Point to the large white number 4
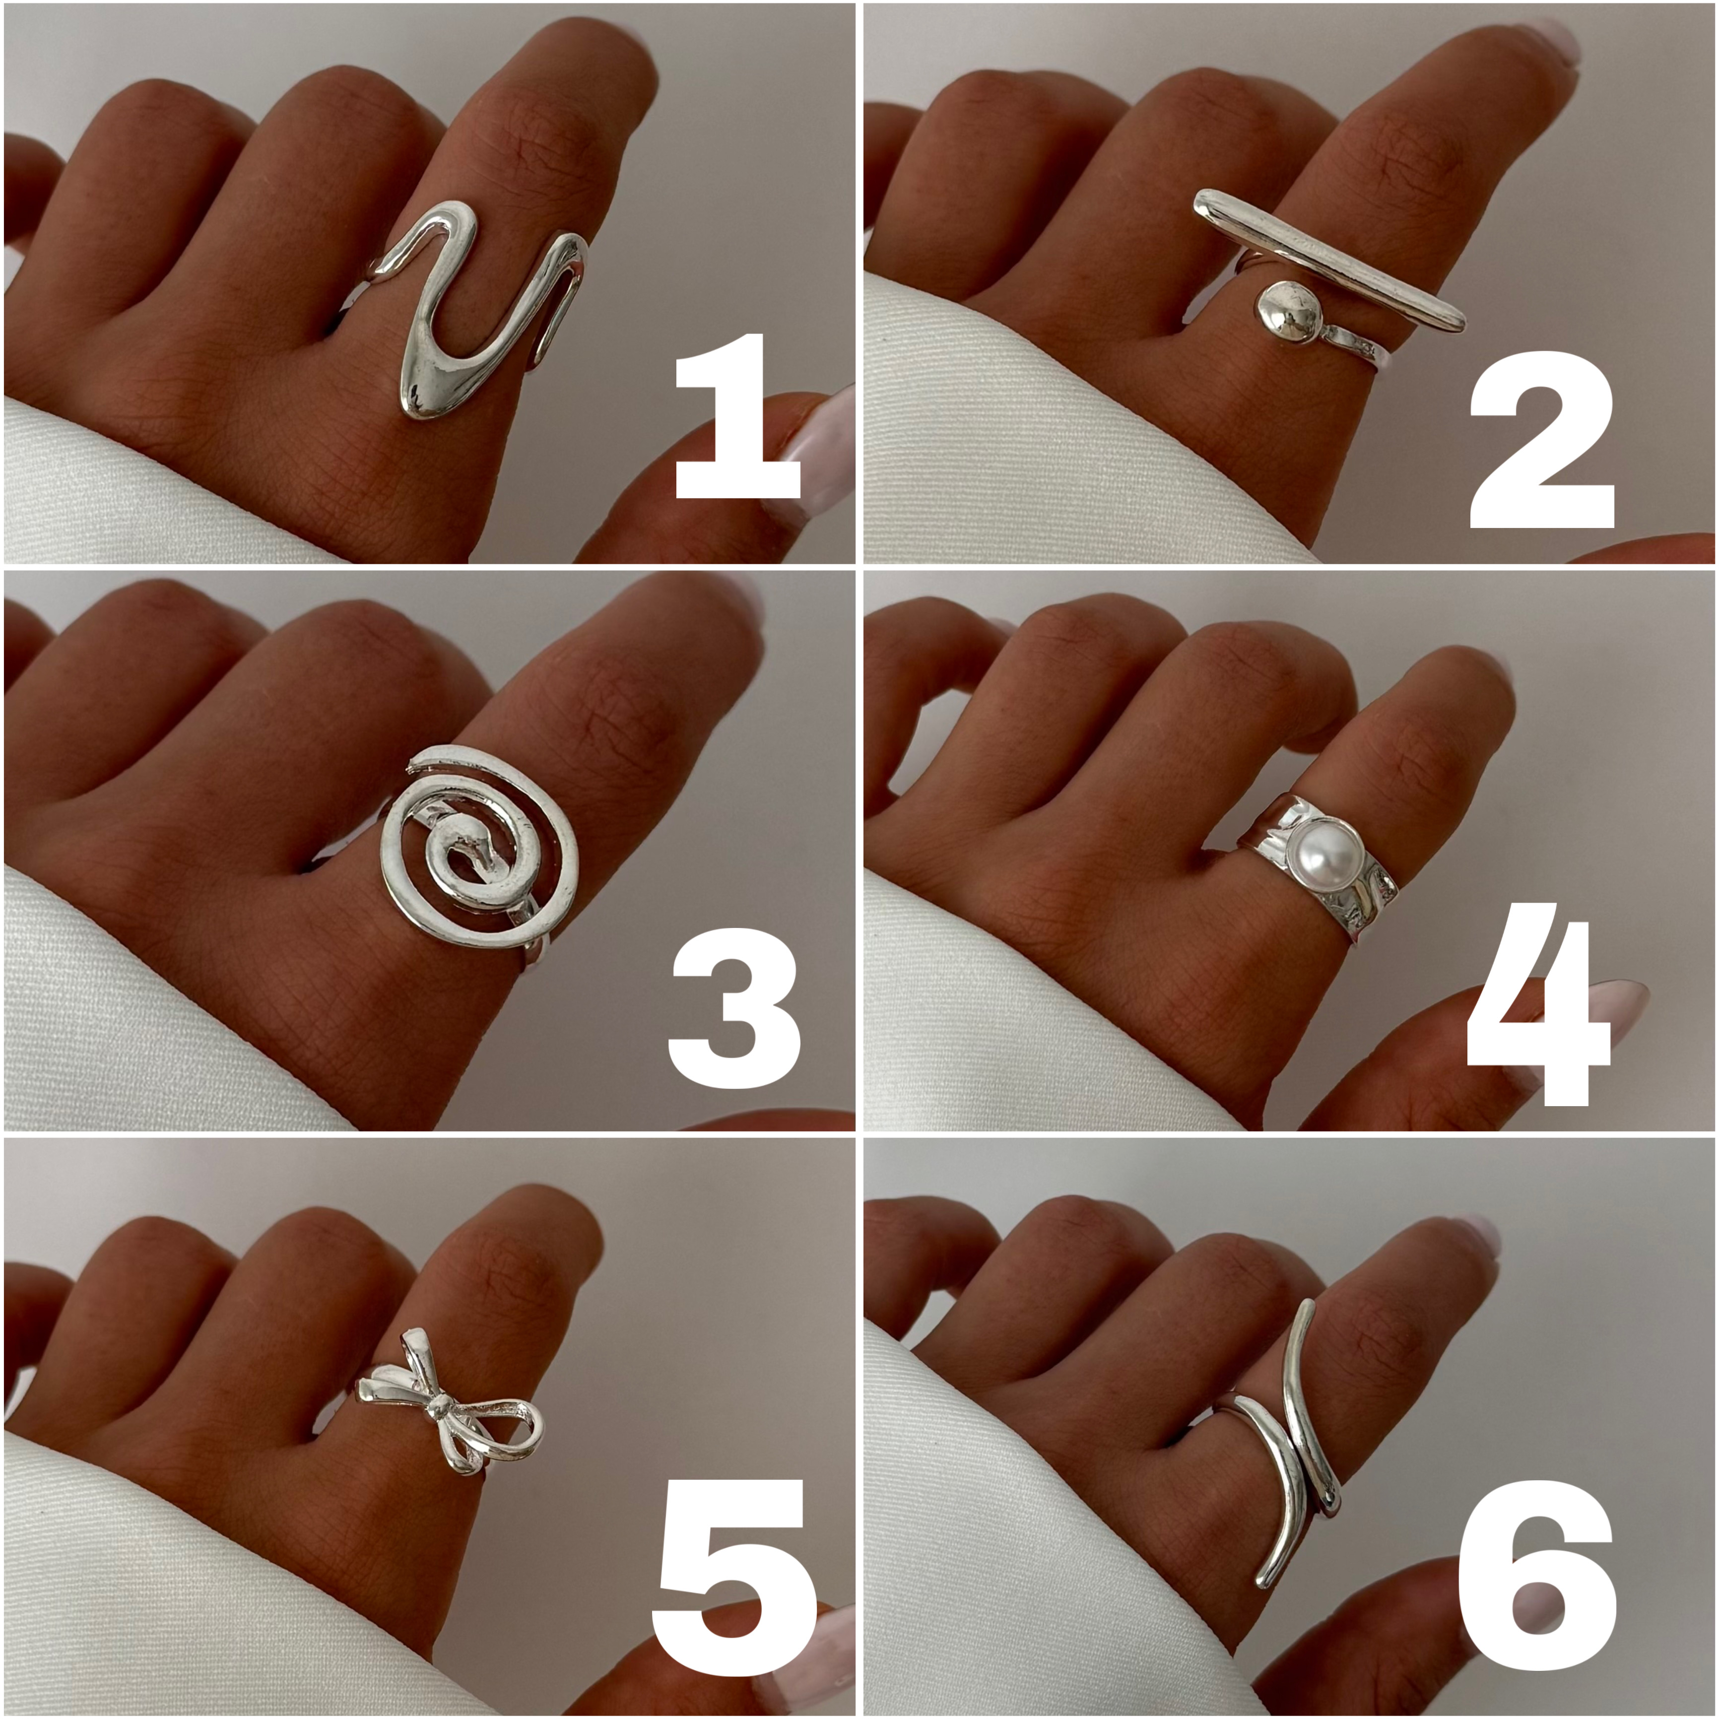pyautogui.click(x=1538, y=1014)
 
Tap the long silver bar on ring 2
pyautogui.click(x=1328, y=260)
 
